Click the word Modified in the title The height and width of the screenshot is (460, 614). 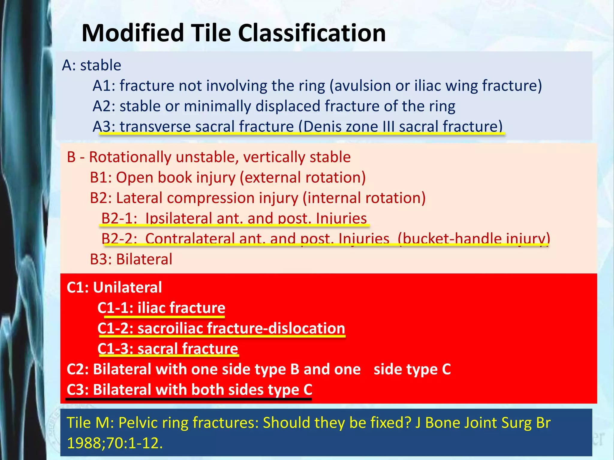(x=133, y=33)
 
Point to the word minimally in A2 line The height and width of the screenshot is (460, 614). (x=217, y=106)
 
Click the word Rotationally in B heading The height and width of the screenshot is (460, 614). (x=130, y=157)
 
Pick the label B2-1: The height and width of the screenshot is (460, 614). (x=119, y=218)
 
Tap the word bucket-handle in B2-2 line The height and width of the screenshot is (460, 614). (x=450, y=239)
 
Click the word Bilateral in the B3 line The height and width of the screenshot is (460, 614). (x=144, y=259)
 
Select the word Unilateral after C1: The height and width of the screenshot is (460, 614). (x=127, y=287)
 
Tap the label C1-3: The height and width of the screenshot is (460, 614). (x=115, y=349)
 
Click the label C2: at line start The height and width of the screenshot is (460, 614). (x=78, y=369)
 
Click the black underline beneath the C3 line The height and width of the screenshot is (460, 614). (x=189, y=399)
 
